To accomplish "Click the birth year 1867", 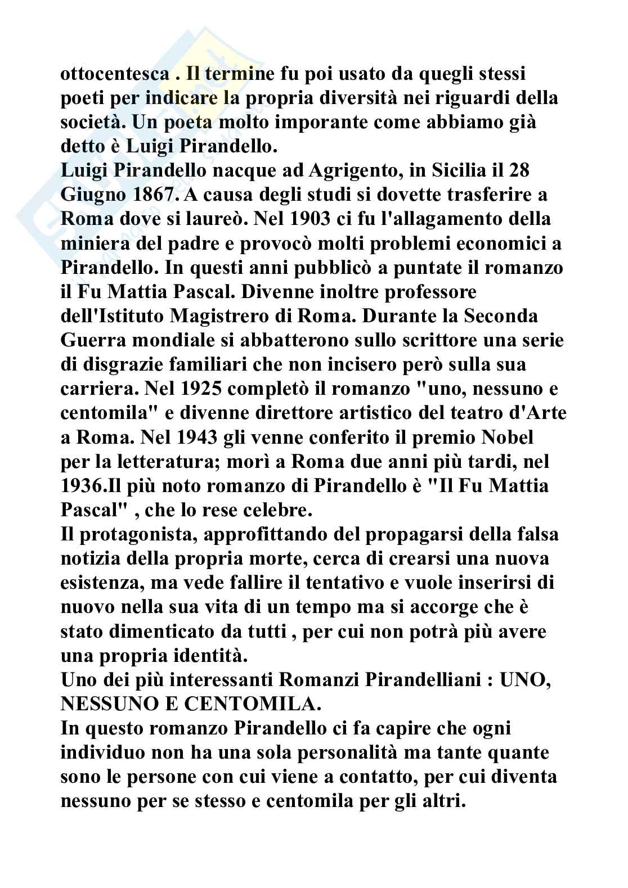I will tap(159, 195).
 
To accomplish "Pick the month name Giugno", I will tap(93, 195).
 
